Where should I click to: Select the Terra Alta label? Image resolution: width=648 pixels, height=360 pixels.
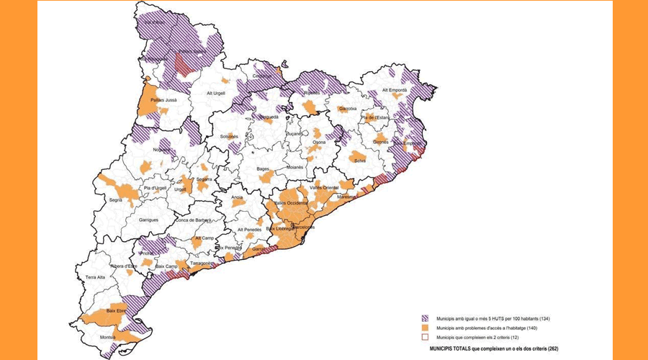pos(99,277)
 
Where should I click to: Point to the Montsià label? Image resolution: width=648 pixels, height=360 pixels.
pos(109,338)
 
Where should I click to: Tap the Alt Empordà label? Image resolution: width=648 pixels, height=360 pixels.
pos(395,90)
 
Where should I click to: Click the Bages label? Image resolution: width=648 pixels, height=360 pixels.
pos(263,169)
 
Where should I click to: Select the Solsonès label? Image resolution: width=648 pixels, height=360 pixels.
pos(230,137)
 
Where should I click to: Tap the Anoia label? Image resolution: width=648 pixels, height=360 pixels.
pos(238,197)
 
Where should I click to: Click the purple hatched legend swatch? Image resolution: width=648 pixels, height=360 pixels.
pos(426,318)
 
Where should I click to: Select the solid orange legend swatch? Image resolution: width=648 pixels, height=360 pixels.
pos(426,328)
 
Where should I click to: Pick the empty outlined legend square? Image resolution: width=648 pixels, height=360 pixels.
pos(426,337)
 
